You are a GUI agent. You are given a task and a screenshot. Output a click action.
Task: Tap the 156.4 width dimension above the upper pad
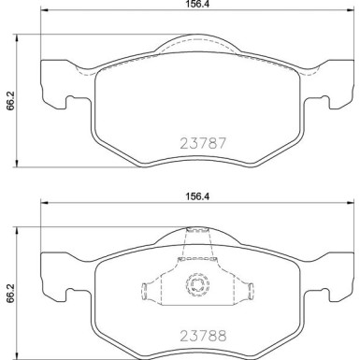coord(194,6)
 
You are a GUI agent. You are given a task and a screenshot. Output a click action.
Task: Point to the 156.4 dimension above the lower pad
coord(194,197)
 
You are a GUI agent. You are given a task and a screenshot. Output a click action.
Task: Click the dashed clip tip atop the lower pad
coord(197,233)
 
